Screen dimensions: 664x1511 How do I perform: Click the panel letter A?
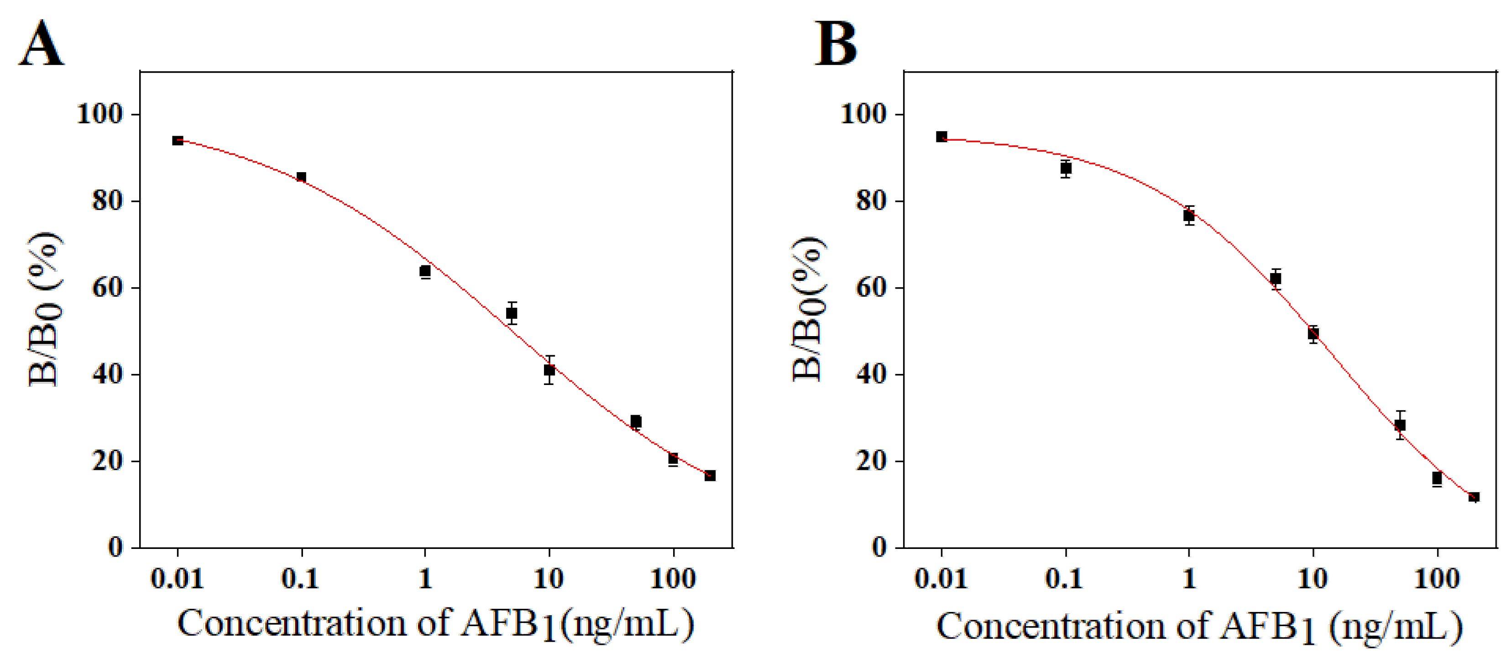click(42, 44)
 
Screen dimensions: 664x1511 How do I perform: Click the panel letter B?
click(836, 44)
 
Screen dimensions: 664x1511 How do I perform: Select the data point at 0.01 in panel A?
click(178, 140)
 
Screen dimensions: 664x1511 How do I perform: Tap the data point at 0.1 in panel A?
click(302, 177)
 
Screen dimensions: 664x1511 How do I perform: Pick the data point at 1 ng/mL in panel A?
click(425, 271)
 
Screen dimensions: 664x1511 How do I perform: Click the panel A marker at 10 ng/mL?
click(549, 370)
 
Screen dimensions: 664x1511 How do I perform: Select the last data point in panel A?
click(710, 475)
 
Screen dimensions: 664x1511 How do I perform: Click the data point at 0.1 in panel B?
click(1066, 169)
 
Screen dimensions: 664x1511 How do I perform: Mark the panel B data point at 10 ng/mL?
click(1313, 334)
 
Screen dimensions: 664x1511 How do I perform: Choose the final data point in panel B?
click(1474, 497)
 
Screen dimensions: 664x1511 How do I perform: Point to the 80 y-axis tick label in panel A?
click(107, 201)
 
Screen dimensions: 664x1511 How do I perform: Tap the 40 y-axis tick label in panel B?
click(871, 374)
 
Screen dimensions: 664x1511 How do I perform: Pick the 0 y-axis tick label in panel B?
click(879, 547)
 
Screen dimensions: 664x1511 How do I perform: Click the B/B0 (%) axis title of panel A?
click(44, 310)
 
